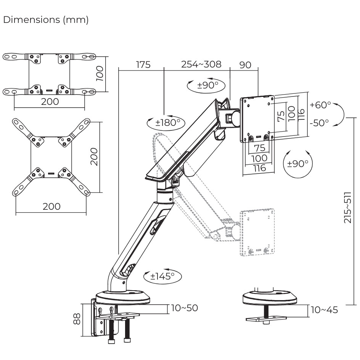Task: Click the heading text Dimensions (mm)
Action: [x=46, y=20]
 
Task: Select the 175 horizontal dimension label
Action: [x=143, y=65]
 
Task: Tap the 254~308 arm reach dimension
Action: [x=201, y=64]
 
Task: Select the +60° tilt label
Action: [x=321, y=105]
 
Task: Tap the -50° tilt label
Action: [x=320, y=123]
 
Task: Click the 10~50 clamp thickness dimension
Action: [x=185, y=308]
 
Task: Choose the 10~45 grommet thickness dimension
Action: [x=324, y=310]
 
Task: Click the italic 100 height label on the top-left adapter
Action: [x=100, y=73]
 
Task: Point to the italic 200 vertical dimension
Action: [x=95, y=157]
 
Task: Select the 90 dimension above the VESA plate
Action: [x=245, y=65]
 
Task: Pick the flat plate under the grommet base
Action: [x=266, y=318]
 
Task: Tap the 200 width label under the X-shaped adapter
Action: [x=51, y=206]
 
